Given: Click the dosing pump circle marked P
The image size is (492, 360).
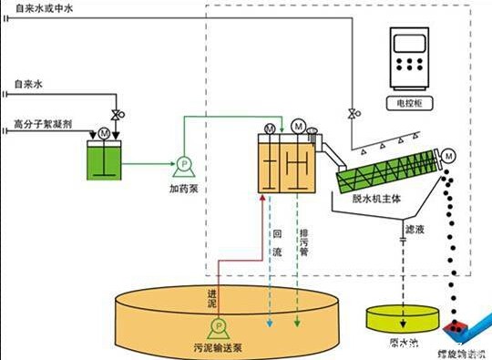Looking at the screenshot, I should point(182,165).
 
